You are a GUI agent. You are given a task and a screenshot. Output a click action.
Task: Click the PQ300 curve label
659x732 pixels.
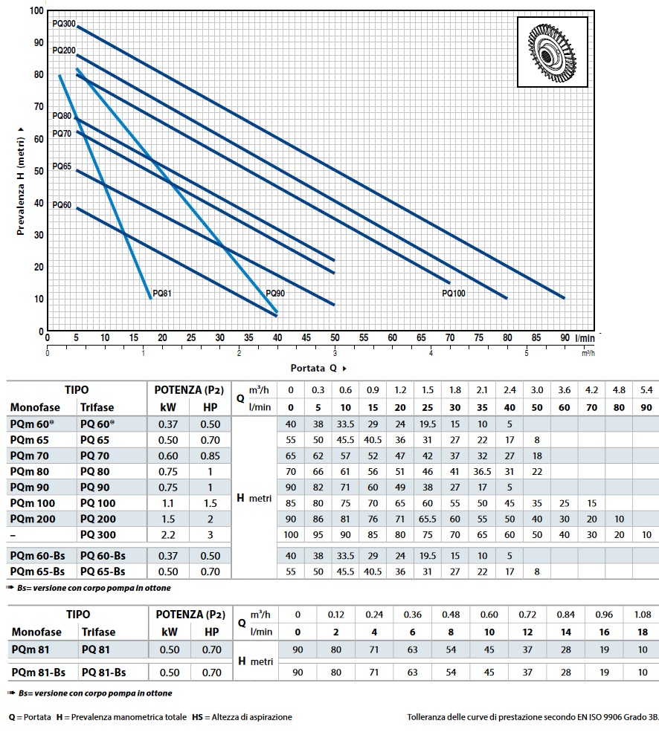[64, 24]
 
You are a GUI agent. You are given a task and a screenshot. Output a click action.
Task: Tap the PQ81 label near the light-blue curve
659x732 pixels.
[162, 294]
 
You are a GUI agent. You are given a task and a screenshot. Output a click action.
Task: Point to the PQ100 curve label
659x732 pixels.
[453, 294]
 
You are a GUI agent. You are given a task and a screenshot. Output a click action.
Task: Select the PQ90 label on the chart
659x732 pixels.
[275, 294]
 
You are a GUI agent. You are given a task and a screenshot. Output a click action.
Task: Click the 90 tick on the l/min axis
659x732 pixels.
[565, 338]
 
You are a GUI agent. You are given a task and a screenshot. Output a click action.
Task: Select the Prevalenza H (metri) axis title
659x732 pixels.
[22, 170]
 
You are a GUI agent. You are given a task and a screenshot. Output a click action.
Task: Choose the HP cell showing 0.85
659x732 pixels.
[212, 456]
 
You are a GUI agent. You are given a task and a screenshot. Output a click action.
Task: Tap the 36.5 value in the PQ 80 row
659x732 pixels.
[483, 472]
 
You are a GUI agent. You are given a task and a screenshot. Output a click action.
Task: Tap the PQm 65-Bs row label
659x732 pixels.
[37, 571]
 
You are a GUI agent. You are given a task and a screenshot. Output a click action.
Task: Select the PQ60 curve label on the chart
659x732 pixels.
[62, 205]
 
